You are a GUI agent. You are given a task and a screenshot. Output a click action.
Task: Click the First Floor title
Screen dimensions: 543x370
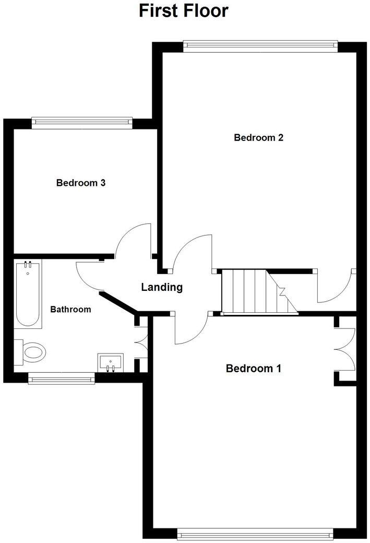(x=184, y=11)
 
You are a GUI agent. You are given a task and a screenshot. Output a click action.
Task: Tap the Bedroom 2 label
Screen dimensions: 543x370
(x=258, y=138)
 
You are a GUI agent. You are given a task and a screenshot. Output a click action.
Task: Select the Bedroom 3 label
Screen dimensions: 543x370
(x=81, y=183)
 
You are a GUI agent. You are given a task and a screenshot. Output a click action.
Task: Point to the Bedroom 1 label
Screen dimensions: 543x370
(x=253, y=369)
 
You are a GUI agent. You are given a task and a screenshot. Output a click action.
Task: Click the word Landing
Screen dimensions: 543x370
(x=162, y=287)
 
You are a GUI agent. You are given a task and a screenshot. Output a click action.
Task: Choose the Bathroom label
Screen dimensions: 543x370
(x=70, y=309)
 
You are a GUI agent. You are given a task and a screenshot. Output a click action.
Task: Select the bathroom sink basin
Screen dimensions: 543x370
(x=110, y=361)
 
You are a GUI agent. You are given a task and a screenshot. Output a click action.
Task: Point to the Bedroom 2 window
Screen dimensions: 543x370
(x=260, y=46)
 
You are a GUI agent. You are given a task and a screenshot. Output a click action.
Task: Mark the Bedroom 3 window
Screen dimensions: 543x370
(x=81, y=122)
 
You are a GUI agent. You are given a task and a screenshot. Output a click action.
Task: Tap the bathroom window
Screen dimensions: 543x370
(x=62, y=378)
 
